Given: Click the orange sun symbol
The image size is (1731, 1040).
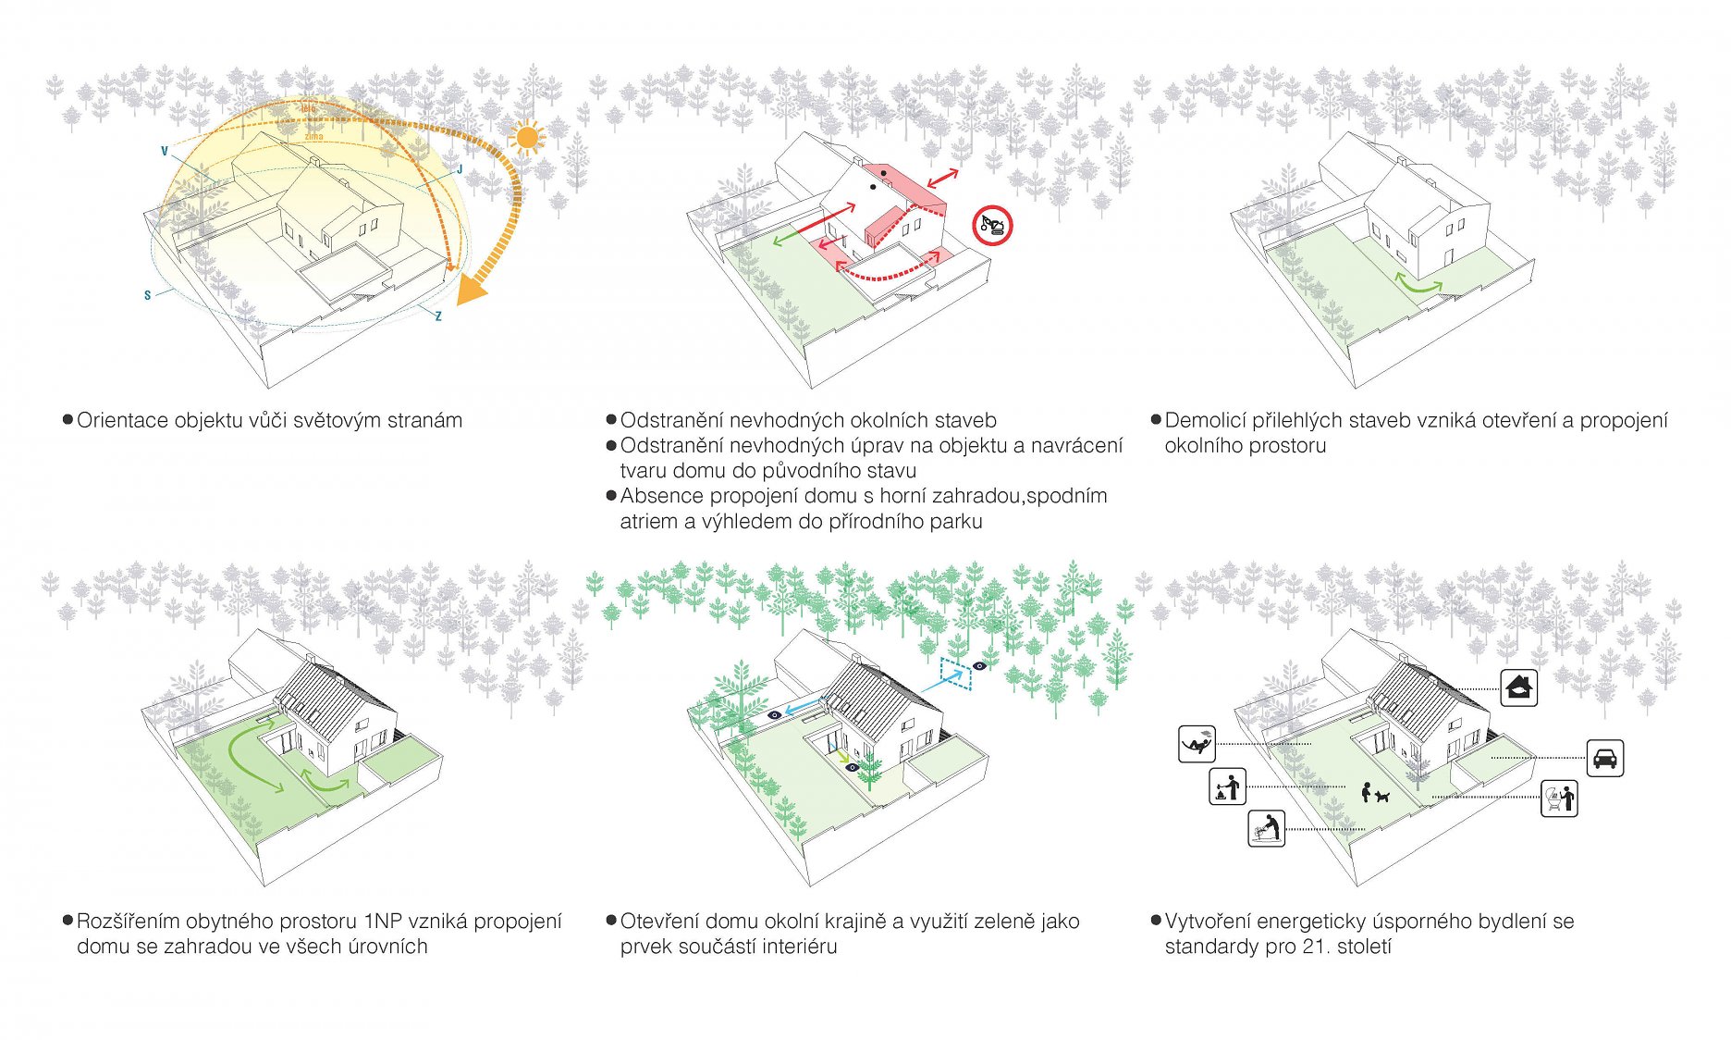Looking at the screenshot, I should (x=526, y=138).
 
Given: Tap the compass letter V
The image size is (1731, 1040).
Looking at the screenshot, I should (x=165, y=152).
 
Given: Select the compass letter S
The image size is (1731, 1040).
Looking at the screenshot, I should (x=147, y=296).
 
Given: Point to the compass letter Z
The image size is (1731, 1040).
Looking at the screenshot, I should (x=438, y=316).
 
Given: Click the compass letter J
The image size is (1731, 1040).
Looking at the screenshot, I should (x=460, y=170).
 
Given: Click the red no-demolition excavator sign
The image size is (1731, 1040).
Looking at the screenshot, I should (x=992, y=225).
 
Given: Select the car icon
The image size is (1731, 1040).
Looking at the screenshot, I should (x=1604, y=758).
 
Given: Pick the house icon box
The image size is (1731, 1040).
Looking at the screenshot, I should (x=1518, y=688).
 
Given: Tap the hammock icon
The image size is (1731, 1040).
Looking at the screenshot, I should (x=1197, y=744).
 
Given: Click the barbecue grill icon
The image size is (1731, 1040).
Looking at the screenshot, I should (x=1559, y=798).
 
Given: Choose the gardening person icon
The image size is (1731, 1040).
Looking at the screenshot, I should (x=1266, y=828).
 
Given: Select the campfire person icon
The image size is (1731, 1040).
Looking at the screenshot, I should (x=1227, y=787).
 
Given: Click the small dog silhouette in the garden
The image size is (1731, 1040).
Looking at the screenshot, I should (x=1382, y=796).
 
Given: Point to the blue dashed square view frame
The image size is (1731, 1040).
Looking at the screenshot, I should (x=955, y=673).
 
